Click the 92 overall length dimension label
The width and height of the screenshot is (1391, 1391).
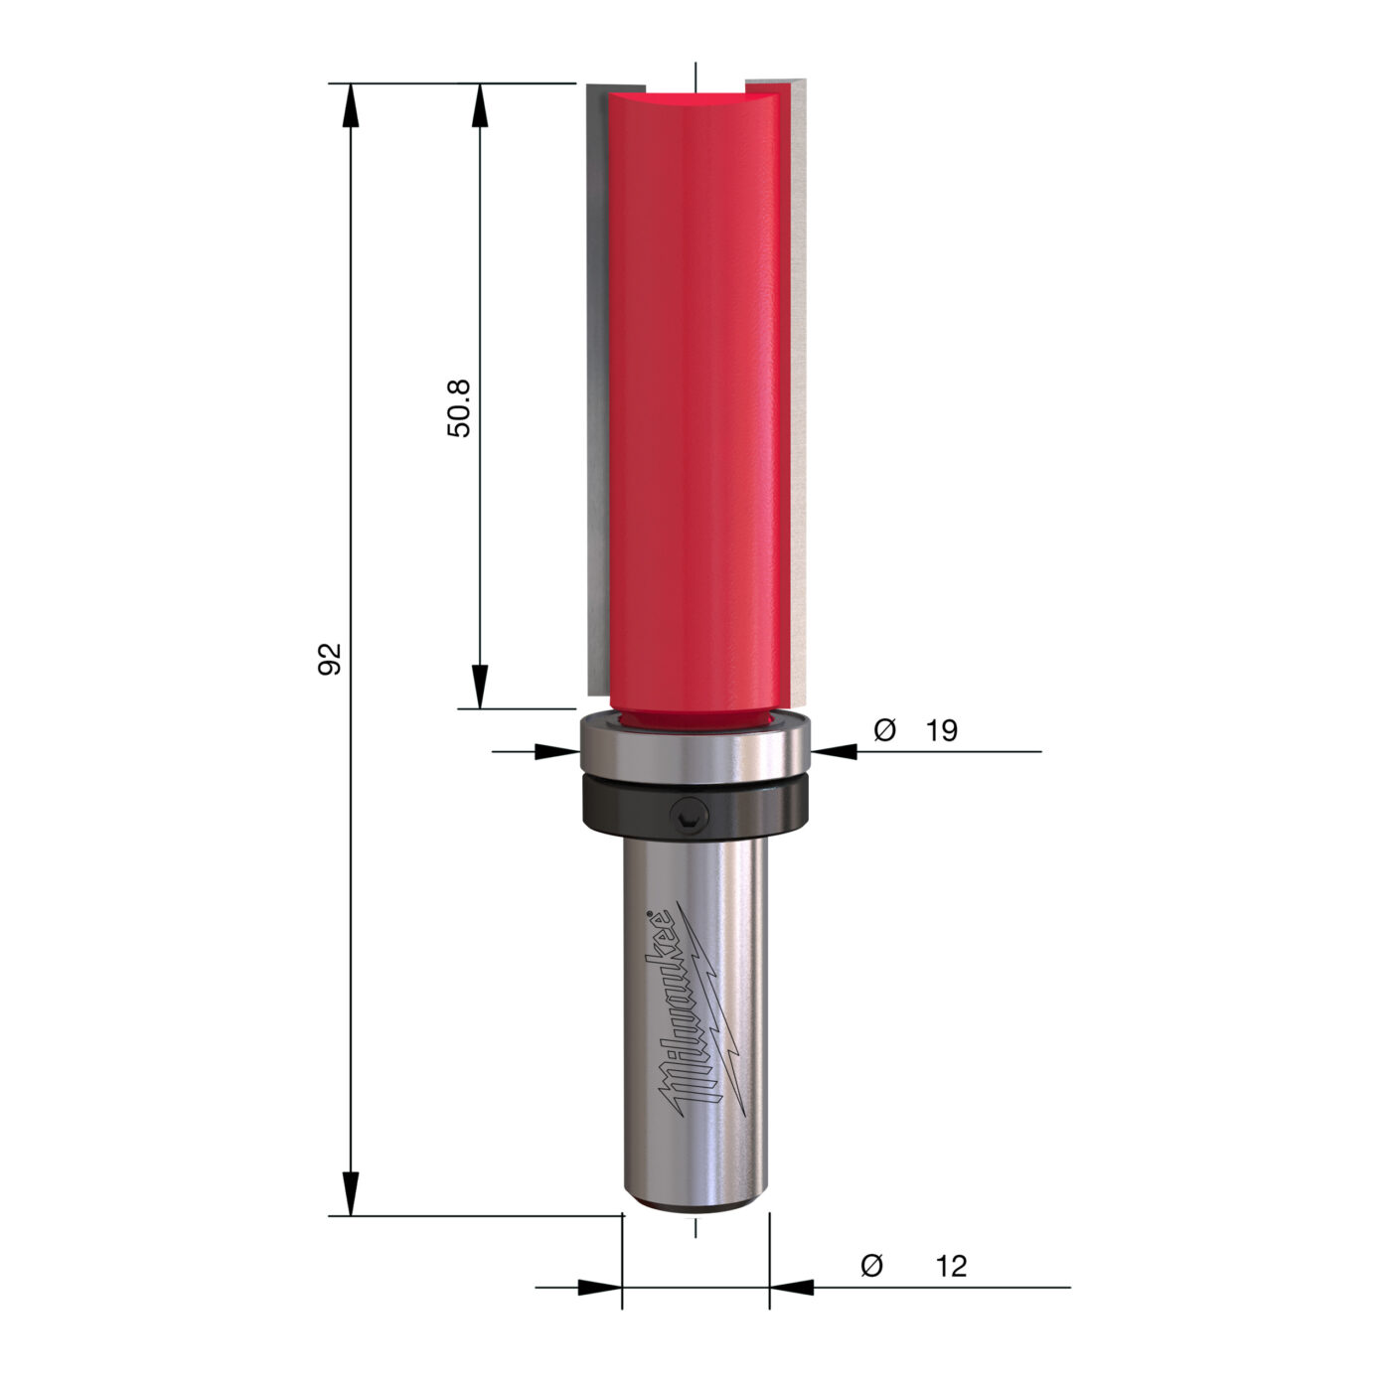[329, 658]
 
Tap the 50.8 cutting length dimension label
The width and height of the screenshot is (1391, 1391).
[458, 407]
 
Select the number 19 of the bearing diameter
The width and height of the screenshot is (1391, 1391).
[941, 730]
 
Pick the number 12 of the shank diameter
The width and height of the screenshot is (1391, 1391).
[951, 1266]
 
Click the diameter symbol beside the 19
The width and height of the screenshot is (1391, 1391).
[884, 730]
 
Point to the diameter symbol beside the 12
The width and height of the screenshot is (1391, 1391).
[872, 1266]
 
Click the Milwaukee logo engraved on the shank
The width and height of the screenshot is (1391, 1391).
[693, 1011]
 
